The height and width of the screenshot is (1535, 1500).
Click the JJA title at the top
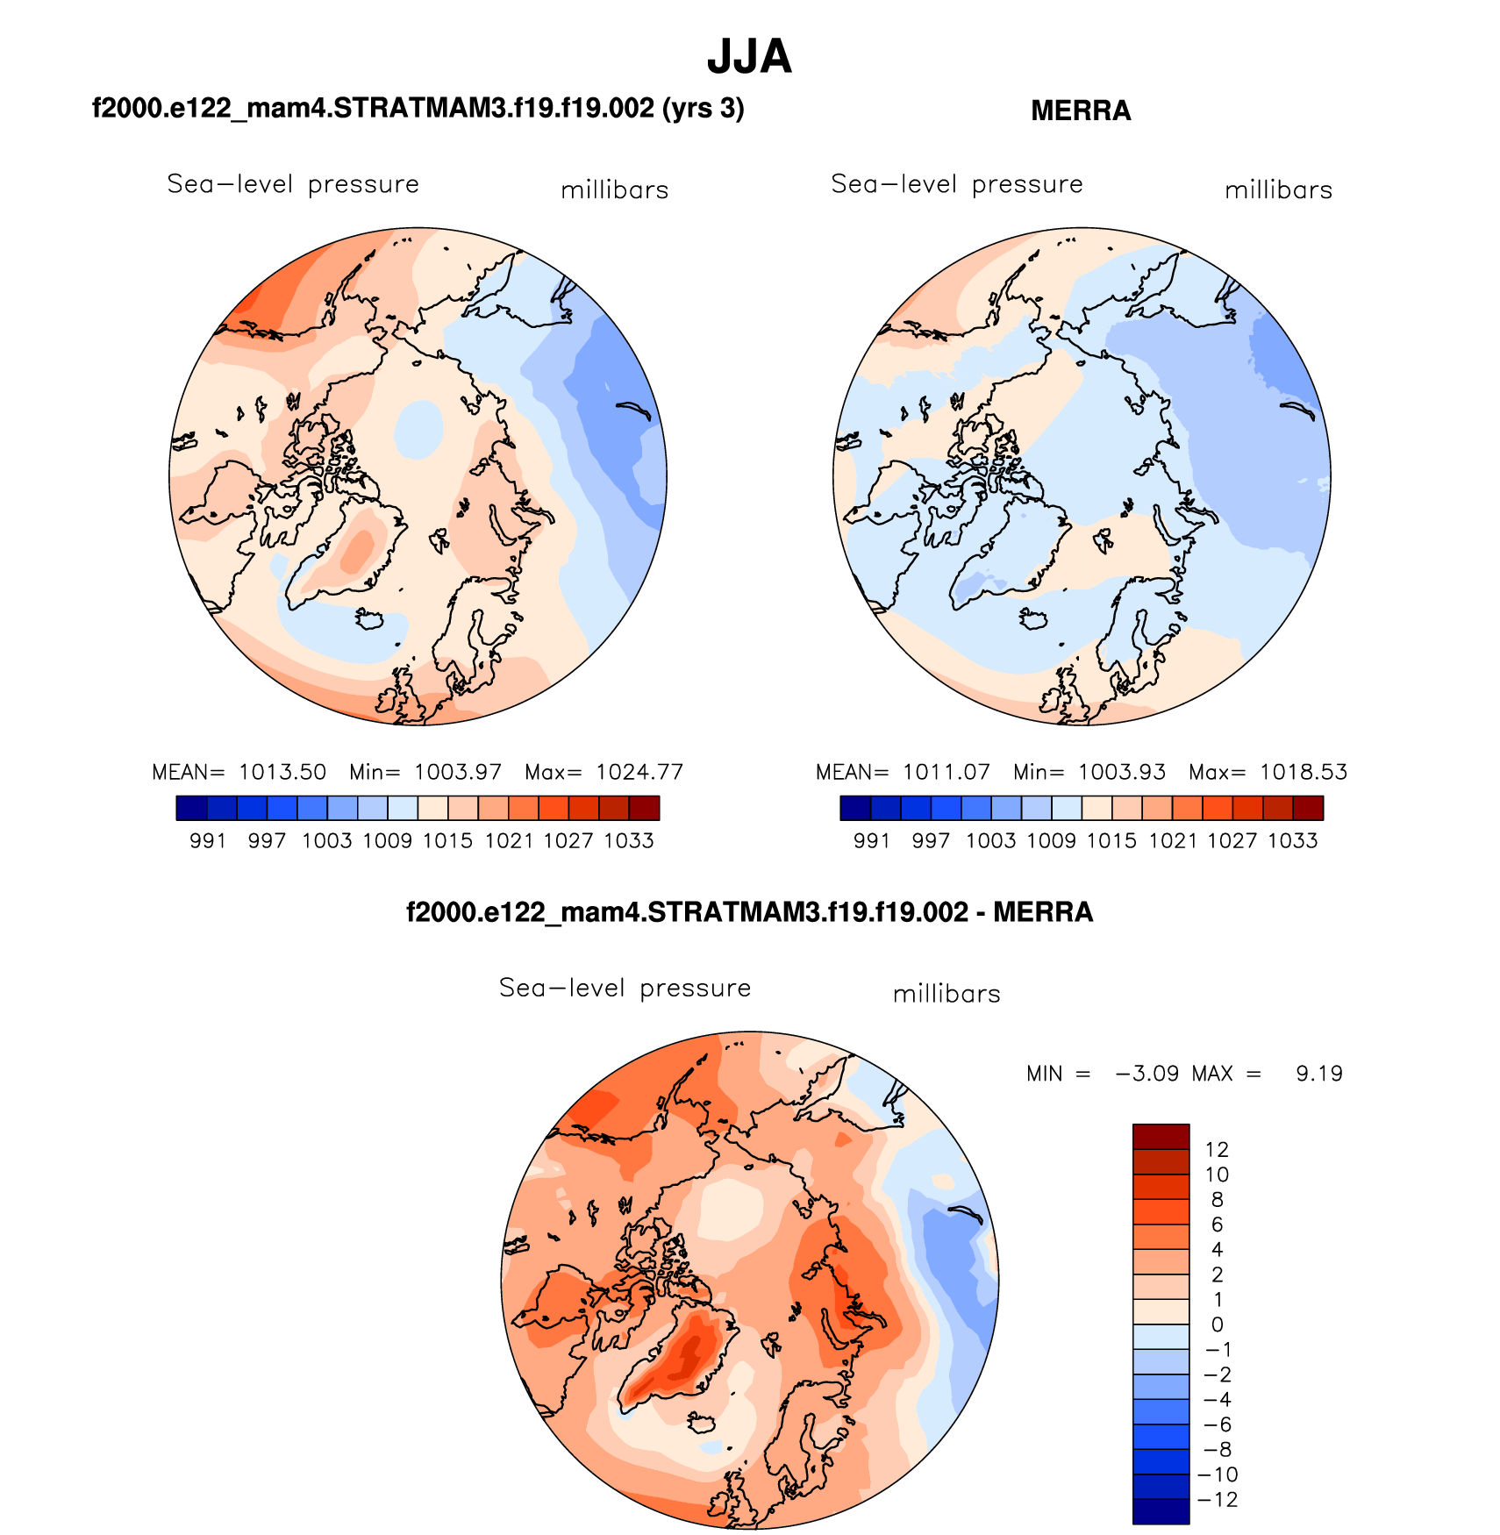pyautogui.click(x=749, y=57)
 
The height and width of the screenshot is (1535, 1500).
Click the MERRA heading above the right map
pyautogui.click(x=1081, y=111)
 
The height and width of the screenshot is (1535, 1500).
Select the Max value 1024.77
pyautogui.click(x=639, y=772)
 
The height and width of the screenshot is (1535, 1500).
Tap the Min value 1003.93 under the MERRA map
pyautogui.click(x=1122, y=772)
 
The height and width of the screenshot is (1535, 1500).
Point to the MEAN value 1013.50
pyautogui.click(x=282, y=772)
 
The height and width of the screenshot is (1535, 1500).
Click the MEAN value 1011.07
pyautogui.click(x=946, y=772)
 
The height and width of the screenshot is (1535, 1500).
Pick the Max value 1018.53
pyautogui.click(x=1304, y=772)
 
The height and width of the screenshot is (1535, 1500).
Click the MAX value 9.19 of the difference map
pyautogui.click(x=1319, y=1074)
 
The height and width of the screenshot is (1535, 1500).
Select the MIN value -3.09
pyautogui.click(x=1146, y=1074)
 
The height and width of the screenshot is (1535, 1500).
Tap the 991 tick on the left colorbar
pyautogui.click(x=208, y=840)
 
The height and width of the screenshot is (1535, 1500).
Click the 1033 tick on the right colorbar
pyautogui.click(x=1293, y=840)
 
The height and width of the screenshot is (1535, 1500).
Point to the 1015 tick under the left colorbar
pyautogui.click(x=447, y=840)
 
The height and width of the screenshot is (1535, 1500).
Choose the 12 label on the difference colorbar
pyautogui.click(x=1217, y=1150)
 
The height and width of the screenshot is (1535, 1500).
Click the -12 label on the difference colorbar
pyautogui.click(x=1218, y=1500)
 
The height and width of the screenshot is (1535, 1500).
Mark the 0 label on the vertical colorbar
pyautogui.click(x=1217, y=1324)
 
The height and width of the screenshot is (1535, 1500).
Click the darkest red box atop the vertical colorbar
pyautogui.click(x=1161, y=1136)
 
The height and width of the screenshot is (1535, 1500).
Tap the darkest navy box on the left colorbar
pyautogui.click(x=191, y=808)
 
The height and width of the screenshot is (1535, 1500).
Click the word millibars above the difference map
pyautogui.click(x=946, y=994)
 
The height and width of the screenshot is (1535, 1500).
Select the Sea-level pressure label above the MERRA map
pyautogui.click(x=957, y=184)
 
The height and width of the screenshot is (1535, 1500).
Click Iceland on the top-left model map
pyautogui.click(x=369, y=618)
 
